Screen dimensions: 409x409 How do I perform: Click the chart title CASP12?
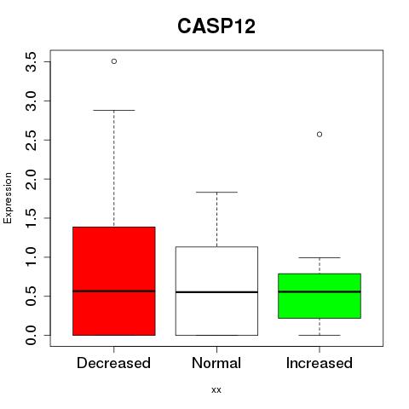[x=216, y=26]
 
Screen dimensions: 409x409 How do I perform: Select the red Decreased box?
[x=114, y=281]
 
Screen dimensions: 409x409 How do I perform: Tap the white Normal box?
[x=216, y=291]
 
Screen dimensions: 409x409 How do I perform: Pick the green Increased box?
[x=320, y=296]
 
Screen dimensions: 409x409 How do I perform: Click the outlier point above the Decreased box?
[x=114, y=61]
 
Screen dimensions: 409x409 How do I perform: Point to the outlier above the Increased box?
[x=320, y=135]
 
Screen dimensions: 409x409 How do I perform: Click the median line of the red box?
[x=114, y=291]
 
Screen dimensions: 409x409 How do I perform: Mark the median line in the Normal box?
[x=216, y=292]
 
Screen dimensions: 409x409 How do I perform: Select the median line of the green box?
[x=320, y=291]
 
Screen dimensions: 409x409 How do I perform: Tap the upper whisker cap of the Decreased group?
[x=114, y=110]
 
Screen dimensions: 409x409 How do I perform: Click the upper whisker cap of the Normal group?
[x=216, y=192]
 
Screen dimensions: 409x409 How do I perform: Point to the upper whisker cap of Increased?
[x=320, y=257]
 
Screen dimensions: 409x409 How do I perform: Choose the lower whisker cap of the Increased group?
[x=320, y=335]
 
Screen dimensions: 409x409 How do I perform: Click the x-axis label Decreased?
[x=113, y=363]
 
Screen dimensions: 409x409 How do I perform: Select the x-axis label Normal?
[x=216, y=363]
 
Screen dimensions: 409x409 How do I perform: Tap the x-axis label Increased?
[x=320, y=363]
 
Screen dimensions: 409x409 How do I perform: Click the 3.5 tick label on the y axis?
[x=31, y=62]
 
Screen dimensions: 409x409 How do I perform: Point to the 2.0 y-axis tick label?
[x=31, y=179]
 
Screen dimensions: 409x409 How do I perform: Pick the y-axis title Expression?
[x=8, y=198]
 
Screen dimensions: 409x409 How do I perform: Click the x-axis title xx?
[x=216, y=390]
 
